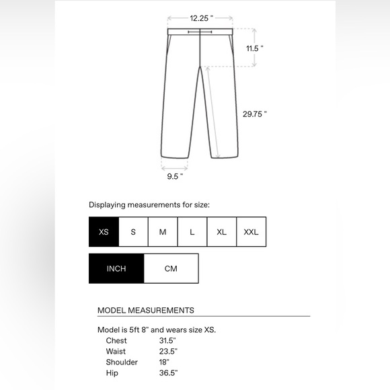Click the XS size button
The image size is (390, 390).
(104, 232)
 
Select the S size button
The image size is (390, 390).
(133, 232)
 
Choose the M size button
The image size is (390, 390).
(163, 232)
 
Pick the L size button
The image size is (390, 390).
(192, 232)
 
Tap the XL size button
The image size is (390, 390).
(222, 232)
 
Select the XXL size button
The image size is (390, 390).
(251, 232)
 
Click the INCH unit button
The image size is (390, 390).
(116, 268)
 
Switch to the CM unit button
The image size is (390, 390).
(171, 268)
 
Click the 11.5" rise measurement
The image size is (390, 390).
(254, 48)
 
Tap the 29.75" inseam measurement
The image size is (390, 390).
(255, 114)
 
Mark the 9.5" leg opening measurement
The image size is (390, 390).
(175, 175)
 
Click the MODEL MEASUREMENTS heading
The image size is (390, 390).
(146, 310)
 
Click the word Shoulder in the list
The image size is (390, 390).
(122, 362)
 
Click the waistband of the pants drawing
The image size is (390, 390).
(200, 31)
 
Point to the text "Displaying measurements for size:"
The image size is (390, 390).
(154, 204)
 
